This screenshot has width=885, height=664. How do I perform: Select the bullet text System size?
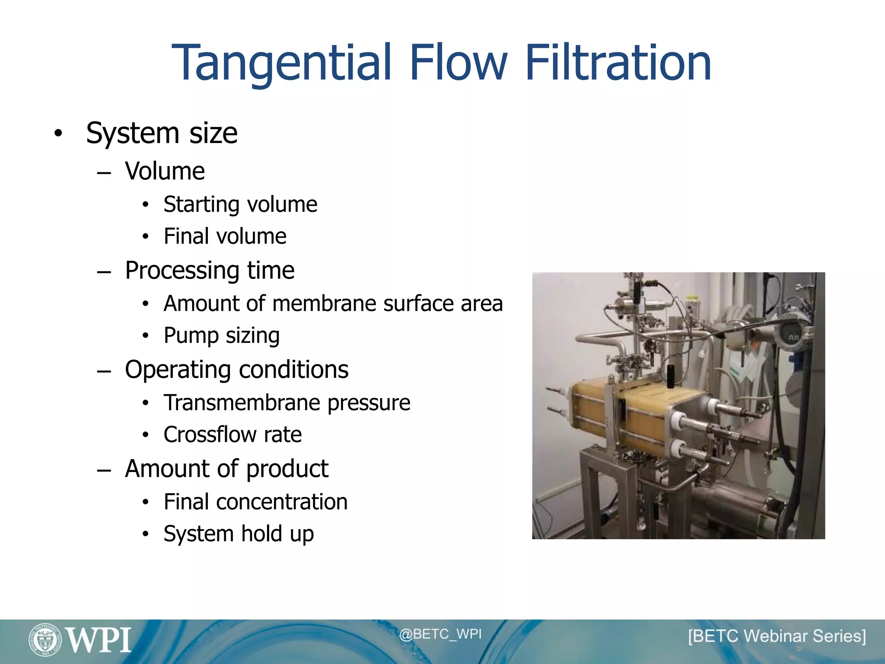162,133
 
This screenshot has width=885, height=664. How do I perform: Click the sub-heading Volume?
165,171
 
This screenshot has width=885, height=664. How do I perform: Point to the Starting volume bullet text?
240,204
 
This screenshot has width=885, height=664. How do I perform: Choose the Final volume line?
225,236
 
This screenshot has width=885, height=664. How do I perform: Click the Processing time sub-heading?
210,271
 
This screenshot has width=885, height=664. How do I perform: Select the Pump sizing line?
222,335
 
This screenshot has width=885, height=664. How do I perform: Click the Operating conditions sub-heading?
236,370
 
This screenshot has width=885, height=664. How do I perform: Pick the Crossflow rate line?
232,434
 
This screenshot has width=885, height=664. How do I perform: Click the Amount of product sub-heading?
226,469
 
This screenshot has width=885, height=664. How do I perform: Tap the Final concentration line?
255,502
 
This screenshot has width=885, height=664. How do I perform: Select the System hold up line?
239,534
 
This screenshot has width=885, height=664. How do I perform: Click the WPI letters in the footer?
99,640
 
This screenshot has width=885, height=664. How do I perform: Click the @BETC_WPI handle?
440,634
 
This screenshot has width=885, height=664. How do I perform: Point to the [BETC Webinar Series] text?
777,636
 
